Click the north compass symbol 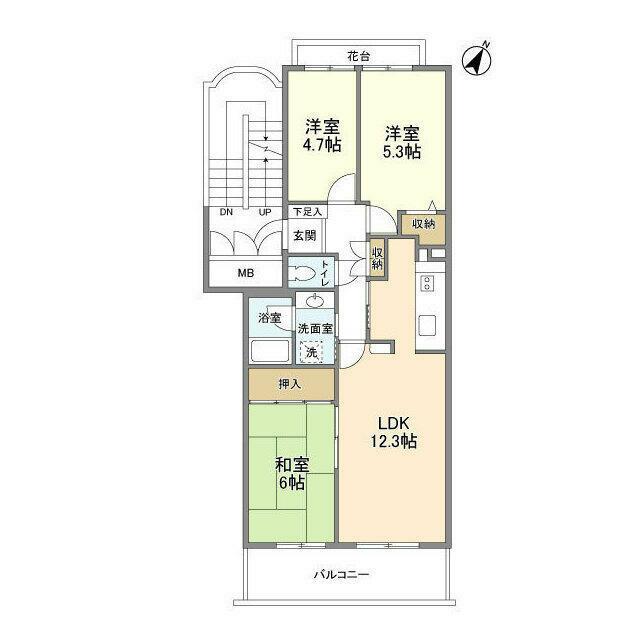click(x=476, y=60)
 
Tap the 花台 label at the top click(x=358, y=56)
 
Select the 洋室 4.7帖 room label click(x=322, y=136)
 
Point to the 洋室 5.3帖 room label click(x=402, y=142)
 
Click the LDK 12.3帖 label click(x=393, y=432)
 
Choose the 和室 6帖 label click(x=292, y=473)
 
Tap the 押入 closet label click(x=290, y=384)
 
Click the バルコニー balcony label click(x=341, y=575)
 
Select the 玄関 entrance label click(x=305, y=236)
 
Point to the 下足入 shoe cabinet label click(x=308, y=212)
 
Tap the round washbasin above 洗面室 click(x=315, y=302)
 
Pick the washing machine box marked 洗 click(x=311, y=352)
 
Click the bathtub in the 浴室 click(x=270, y=350)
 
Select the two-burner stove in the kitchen click(x=428, y=283)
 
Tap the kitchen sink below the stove click(x=428, y=325)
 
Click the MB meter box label click(x=246, y=273)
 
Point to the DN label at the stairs click(x=226, y=212)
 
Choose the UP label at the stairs click(x=265, y=212)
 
